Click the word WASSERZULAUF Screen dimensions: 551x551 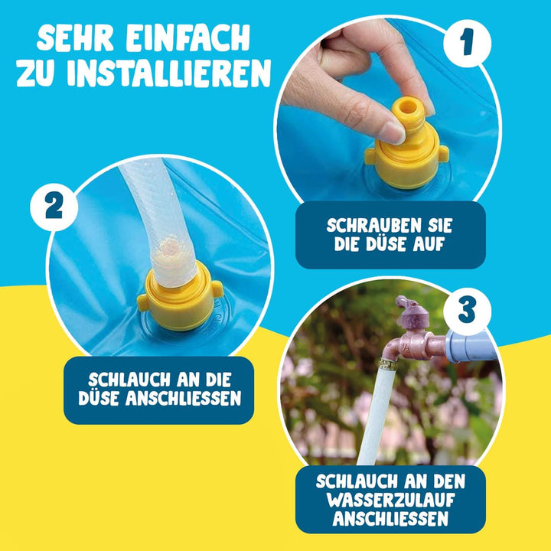point(391,500)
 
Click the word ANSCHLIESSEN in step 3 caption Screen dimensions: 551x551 point(391,520)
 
